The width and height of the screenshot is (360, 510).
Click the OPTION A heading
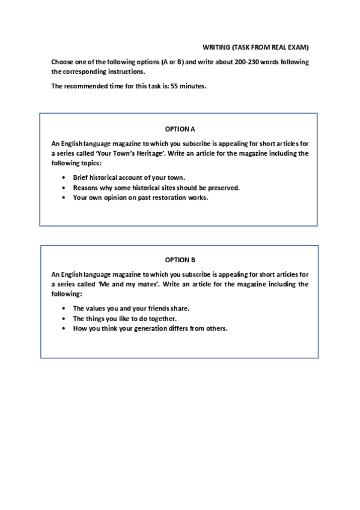coord(180,129)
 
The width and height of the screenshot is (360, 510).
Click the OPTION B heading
coord(180,260)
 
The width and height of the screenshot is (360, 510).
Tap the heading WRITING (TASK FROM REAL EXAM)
coord(255,47)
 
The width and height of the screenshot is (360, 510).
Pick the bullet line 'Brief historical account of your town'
coord(129,177)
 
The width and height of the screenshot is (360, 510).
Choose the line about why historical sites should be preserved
coord(156,188)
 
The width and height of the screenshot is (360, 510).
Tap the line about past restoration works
coord(141,197)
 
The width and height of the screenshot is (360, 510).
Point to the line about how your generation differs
coord(150,328)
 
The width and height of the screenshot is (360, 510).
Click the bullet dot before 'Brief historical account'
coord(64,177)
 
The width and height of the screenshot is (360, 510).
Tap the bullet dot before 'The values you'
coord(64,308)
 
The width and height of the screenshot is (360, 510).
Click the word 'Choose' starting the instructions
coord(62,62)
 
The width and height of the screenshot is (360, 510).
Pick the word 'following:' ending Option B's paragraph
coord(66,294)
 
